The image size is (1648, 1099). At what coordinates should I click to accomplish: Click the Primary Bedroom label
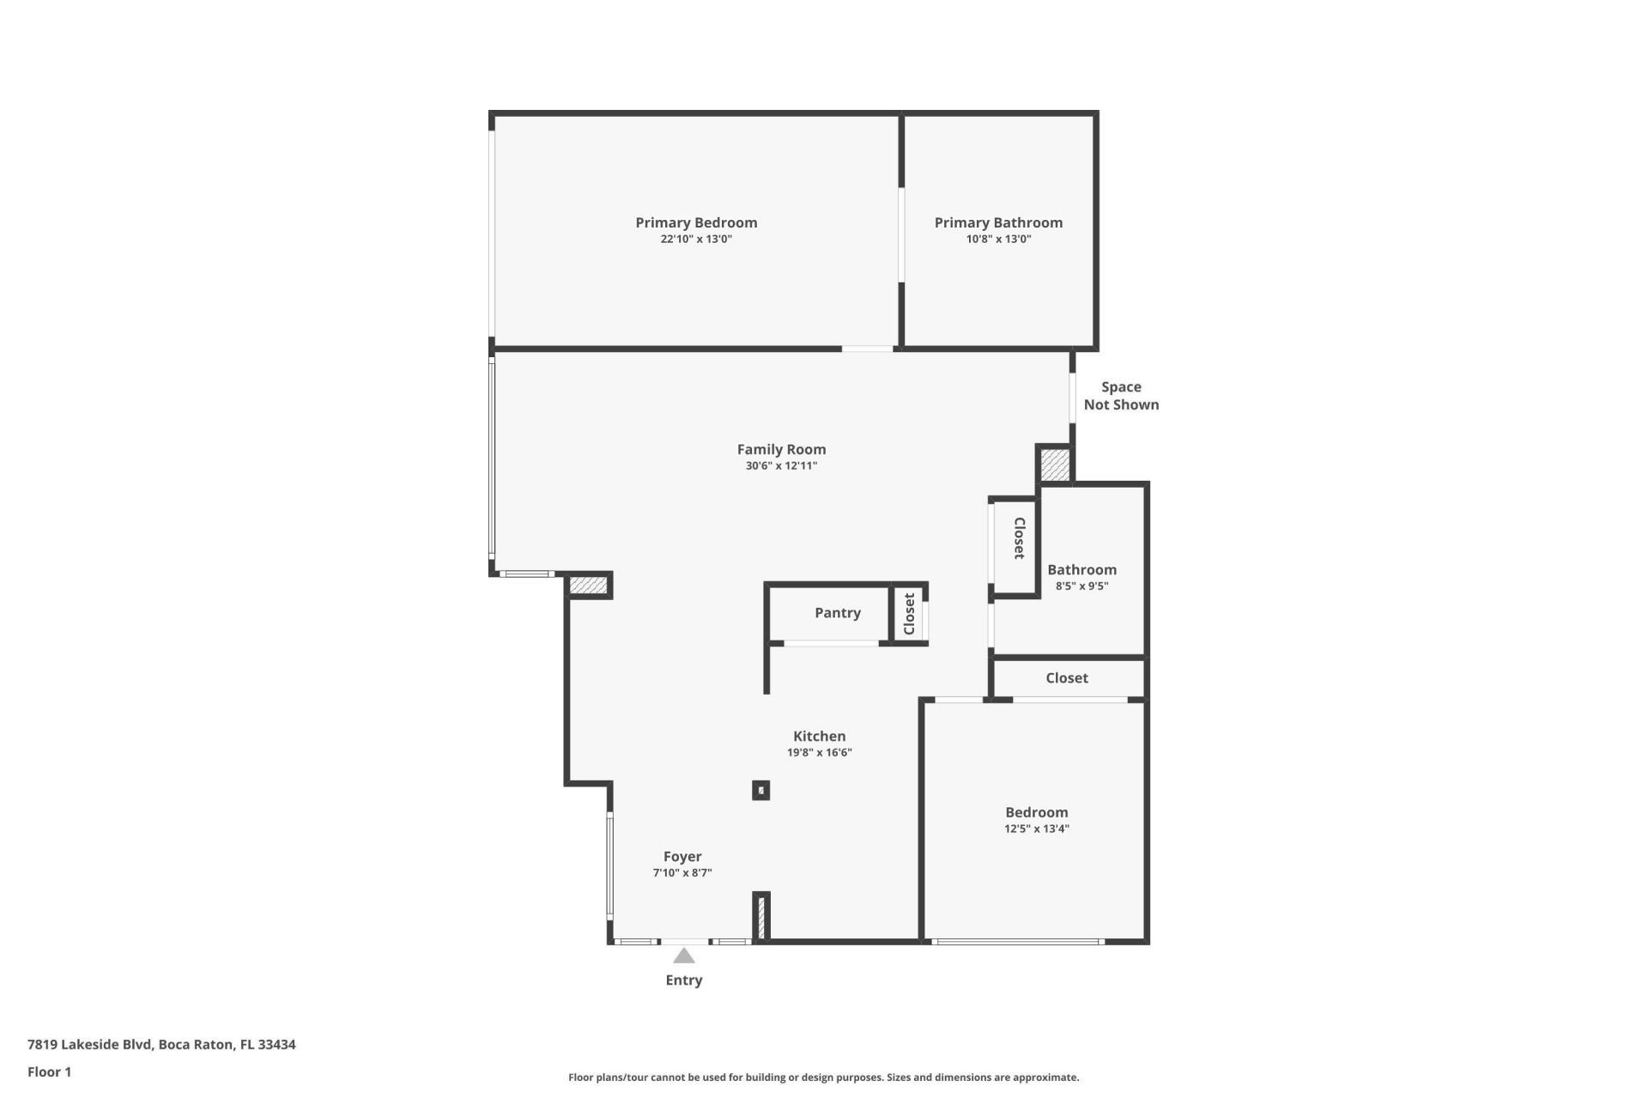pos(696,222)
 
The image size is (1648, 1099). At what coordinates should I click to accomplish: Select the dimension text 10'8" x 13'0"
pos(998,240)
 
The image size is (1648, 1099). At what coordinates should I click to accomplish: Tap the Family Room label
pos(781,449)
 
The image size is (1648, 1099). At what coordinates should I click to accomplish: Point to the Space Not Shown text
pos(1121,396)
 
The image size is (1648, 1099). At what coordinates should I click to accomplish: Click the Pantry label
pos(837,613)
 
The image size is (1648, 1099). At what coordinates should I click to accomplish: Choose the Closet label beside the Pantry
pos(909,613)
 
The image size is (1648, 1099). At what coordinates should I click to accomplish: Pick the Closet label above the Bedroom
pos(1066,678)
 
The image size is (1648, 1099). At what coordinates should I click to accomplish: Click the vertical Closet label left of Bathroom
pos(1019,538)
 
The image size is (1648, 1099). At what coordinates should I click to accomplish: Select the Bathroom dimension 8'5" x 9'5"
pos(1081,586)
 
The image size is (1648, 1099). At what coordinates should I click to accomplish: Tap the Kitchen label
pos(819,736)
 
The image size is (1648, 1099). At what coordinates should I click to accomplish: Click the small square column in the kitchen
pos(760,790)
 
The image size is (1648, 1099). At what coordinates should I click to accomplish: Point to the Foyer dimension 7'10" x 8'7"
pos(682,873)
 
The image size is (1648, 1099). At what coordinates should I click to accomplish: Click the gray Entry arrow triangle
pos(683,956)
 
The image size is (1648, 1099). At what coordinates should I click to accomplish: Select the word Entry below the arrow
pos(683,981)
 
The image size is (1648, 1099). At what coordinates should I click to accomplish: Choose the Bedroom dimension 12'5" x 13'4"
pos(1036,829)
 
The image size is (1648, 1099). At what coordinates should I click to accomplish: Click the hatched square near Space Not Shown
pos(1055,465)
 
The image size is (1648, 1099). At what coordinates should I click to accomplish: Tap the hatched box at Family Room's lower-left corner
pos(588,586)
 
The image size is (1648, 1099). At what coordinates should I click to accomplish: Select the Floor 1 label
pos(49,1072)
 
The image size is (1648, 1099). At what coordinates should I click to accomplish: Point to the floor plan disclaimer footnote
pos(823,1078)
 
